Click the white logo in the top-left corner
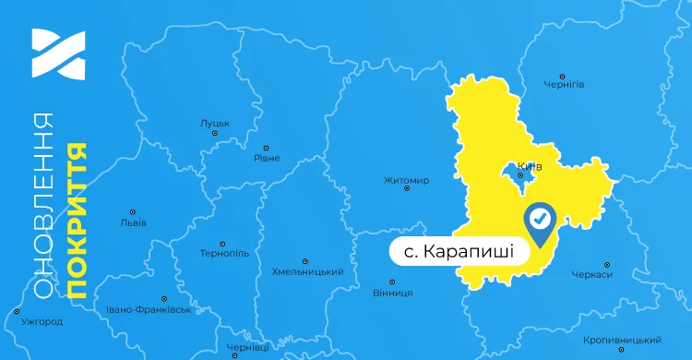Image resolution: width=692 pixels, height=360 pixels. (57, 54)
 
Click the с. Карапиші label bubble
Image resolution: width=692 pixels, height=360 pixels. (459, 252)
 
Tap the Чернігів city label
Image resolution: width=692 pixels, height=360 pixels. (566, 84)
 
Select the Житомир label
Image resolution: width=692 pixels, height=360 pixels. (406, 180)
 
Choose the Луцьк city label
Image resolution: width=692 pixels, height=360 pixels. (214, 123)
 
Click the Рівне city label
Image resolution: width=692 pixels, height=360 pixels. (267, 158)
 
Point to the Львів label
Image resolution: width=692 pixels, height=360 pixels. (133, 222)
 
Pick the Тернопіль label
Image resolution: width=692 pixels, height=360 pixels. (224, 253)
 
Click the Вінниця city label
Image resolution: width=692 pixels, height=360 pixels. (393, 293)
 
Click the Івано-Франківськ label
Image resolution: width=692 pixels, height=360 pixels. (149, 309)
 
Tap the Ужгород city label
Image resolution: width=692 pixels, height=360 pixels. (42, 321)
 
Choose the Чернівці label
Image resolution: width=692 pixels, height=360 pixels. (247, 347)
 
